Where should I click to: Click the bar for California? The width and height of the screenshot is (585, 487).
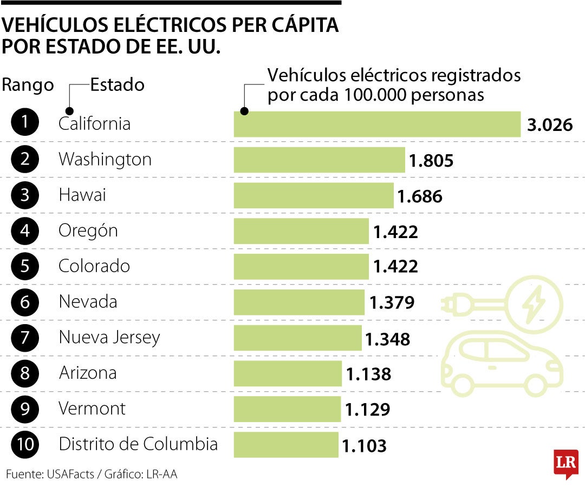[377, 124]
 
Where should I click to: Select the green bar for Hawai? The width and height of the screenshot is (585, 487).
[314, 195]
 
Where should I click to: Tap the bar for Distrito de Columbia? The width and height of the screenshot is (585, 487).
[286, 445]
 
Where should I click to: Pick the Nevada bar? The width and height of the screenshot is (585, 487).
[299, 302]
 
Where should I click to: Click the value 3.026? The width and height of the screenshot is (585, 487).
[550, 125]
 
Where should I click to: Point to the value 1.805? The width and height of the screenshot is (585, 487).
[431, 161]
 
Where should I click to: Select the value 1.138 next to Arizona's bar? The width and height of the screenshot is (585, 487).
[368, 374]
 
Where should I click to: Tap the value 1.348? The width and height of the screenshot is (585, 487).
[387, 339]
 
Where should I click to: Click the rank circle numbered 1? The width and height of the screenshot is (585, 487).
[24, 124]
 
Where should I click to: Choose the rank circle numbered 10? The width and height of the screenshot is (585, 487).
[24, 445]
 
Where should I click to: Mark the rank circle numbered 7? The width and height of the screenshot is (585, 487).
[24, 338]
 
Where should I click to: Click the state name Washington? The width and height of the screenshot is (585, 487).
[105, 159]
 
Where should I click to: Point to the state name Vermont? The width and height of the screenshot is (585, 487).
[92, 409]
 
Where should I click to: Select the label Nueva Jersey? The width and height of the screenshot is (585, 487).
[109, 338]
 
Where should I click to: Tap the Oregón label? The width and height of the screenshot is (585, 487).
[88, 231]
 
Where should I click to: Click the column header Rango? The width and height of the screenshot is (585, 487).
[28, 85]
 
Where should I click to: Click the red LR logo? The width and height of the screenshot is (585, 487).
[565, 463]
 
